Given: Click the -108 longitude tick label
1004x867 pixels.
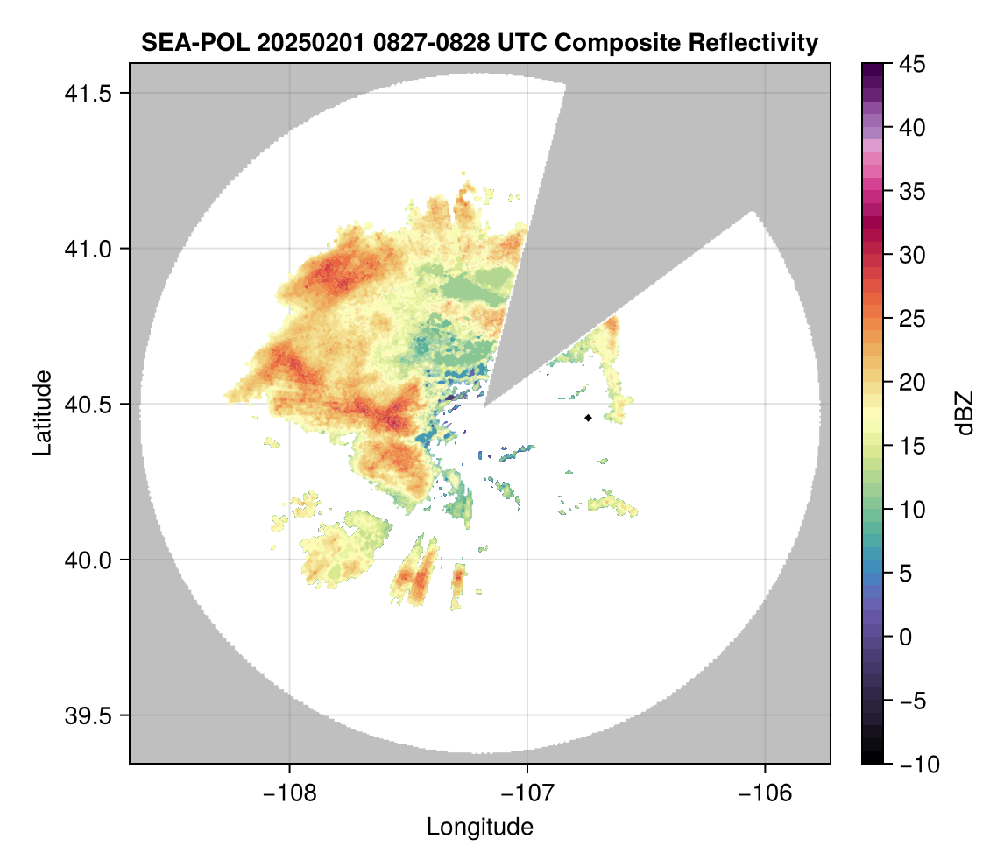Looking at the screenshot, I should (288, 793).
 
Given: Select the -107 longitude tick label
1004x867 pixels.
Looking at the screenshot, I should (527, 793).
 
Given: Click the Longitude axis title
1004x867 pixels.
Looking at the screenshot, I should (479, 827).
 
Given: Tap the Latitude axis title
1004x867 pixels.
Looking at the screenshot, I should (41, 412).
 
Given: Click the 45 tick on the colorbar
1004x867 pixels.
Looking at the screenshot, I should (913, 64).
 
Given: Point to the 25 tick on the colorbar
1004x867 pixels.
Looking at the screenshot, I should (913, 319).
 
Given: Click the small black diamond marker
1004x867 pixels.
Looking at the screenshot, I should (588, 418).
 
